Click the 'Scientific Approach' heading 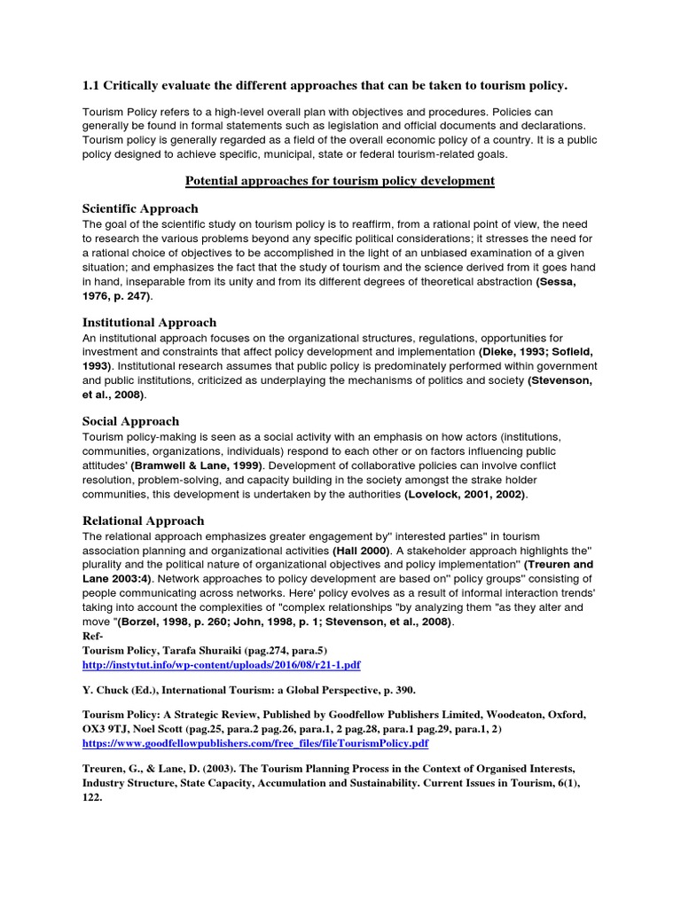coord(140,208)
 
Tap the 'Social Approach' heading coord(130,421)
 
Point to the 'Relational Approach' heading coord(143,521)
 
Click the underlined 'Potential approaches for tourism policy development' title coord(340,181)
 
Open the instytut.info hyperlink coord(222,664)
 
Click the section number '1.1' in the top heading coord(91,85)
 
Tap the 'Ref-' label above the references coord(93,636)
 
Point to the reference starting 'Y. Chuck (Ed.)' coord(123,689)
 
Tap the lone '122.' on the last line coord(92,797)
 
